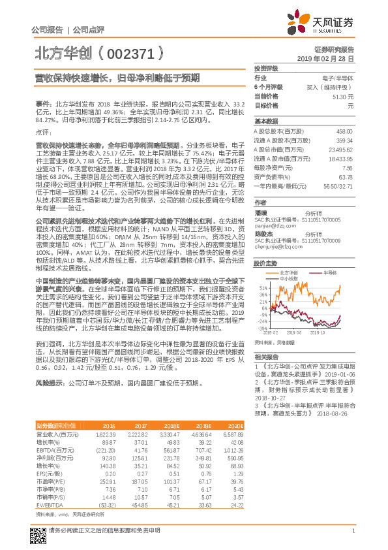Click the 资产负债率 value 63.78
coord(346,176)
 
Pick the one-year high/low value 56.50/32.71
coord(338,186)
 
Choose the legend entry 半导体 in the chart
coord(321,272)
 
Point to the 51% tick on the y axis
coord(262,286)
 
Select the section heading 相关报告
coord(266,356)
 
